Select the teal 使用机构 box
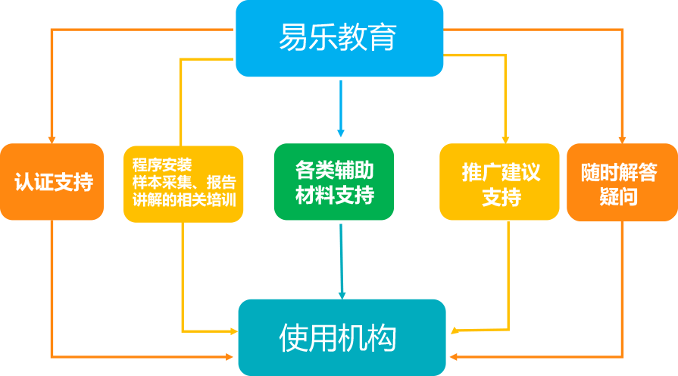click(342, 337)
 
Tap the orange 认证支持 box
click(52, 182)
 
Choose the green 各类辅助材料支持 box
click(334, 182)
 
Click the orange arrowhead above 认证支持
click(52, 138)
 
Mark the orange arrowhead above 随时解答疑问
click(622, 138)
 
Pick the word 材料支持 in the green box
click(334, 196)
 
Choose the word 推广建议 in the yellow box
click(501, 171)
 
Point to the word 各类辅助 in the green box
click(334, 170)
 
